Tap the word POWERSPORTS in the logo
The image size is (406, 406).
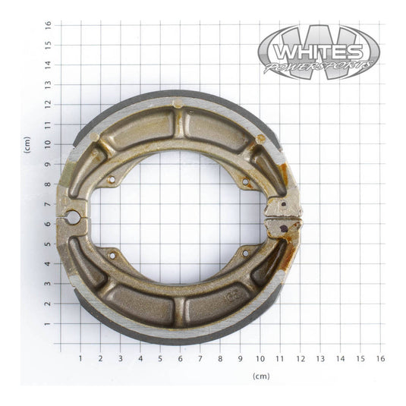(319, 68)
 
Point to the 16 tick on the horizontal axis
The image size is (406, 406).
(380, 357)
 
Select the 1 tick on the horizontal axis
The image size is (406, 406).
(80, 357)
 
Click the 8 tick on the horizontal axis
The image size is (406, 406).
(220, 357)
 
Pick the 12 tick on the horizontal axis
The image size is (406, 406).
(301, 357)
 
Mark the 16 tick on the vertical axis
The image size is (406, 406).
(47, 24)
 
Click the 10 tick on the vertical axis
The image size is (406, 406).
(47, 143)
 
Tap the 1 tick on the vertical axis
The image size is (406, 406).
(47, 323)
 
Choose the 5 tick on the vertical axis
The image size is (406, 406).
(47, 244)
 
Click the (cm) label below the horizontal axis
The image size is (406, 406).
(260, 376)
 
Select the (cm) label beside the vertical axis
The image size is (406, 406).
(27, 144)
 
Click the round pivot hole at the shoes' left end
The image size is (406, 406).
(73, 219)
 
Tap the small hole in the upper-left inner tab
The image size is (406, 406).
(112, 180)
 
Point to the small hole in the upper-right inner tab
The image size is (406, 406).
(244, 181)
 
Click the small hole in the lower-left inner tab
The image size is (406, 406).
(112, 256)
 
